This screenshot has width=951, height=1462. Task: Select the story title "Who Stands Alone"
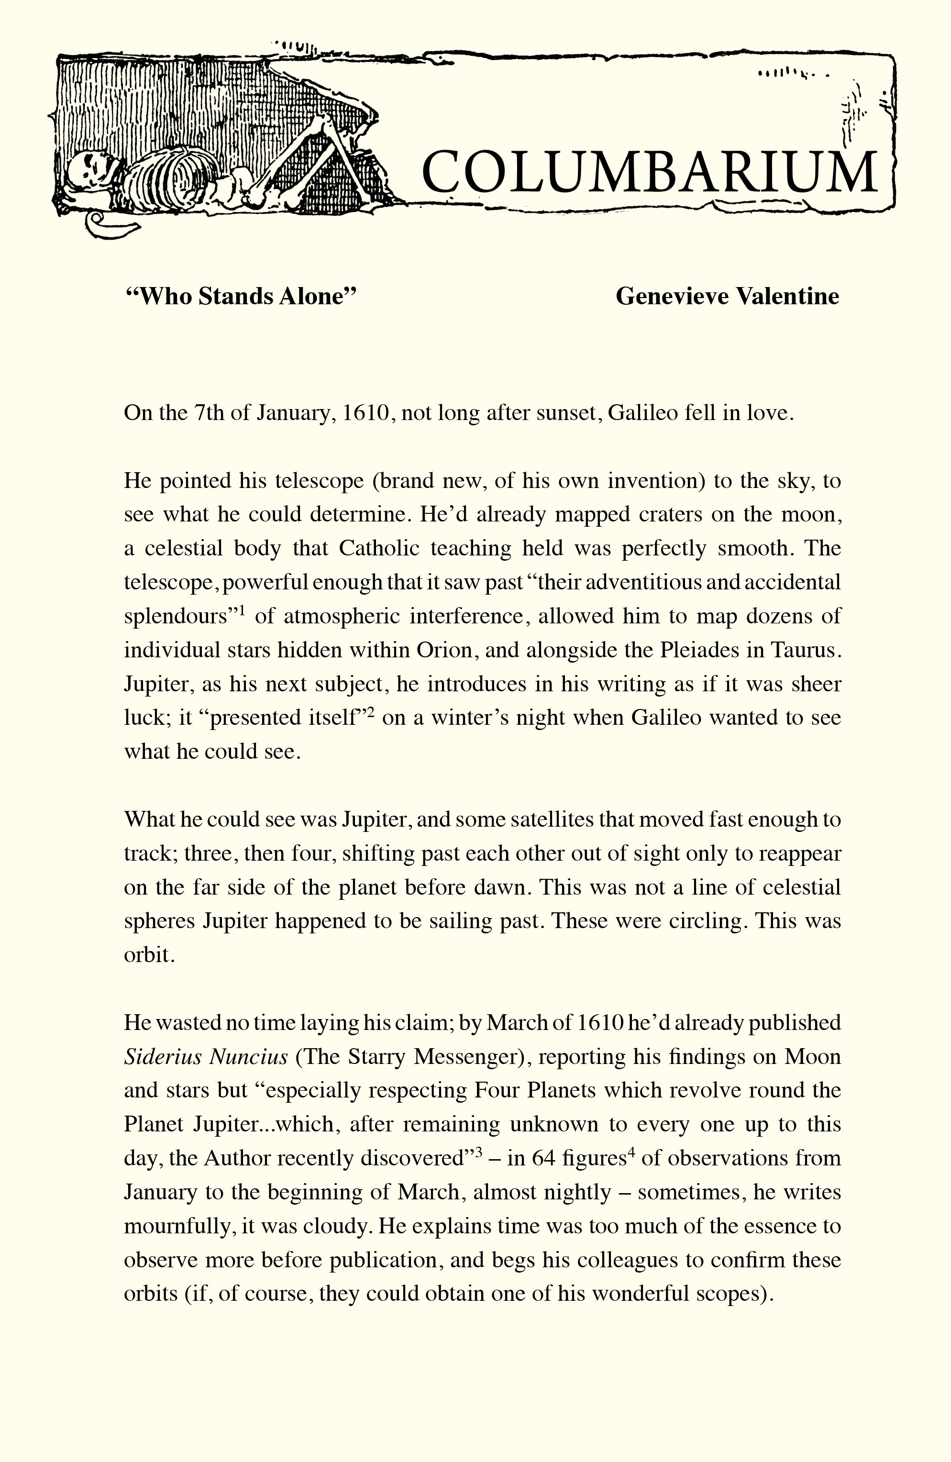pos(241,296)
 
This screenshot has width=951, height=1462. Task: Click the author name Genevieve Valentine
pos(727,296)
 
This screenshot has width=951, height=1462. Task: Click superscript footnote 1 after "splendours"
pos(243,610)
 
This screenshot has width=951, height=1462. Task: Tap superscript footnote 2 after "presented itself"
pos(370,712)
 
